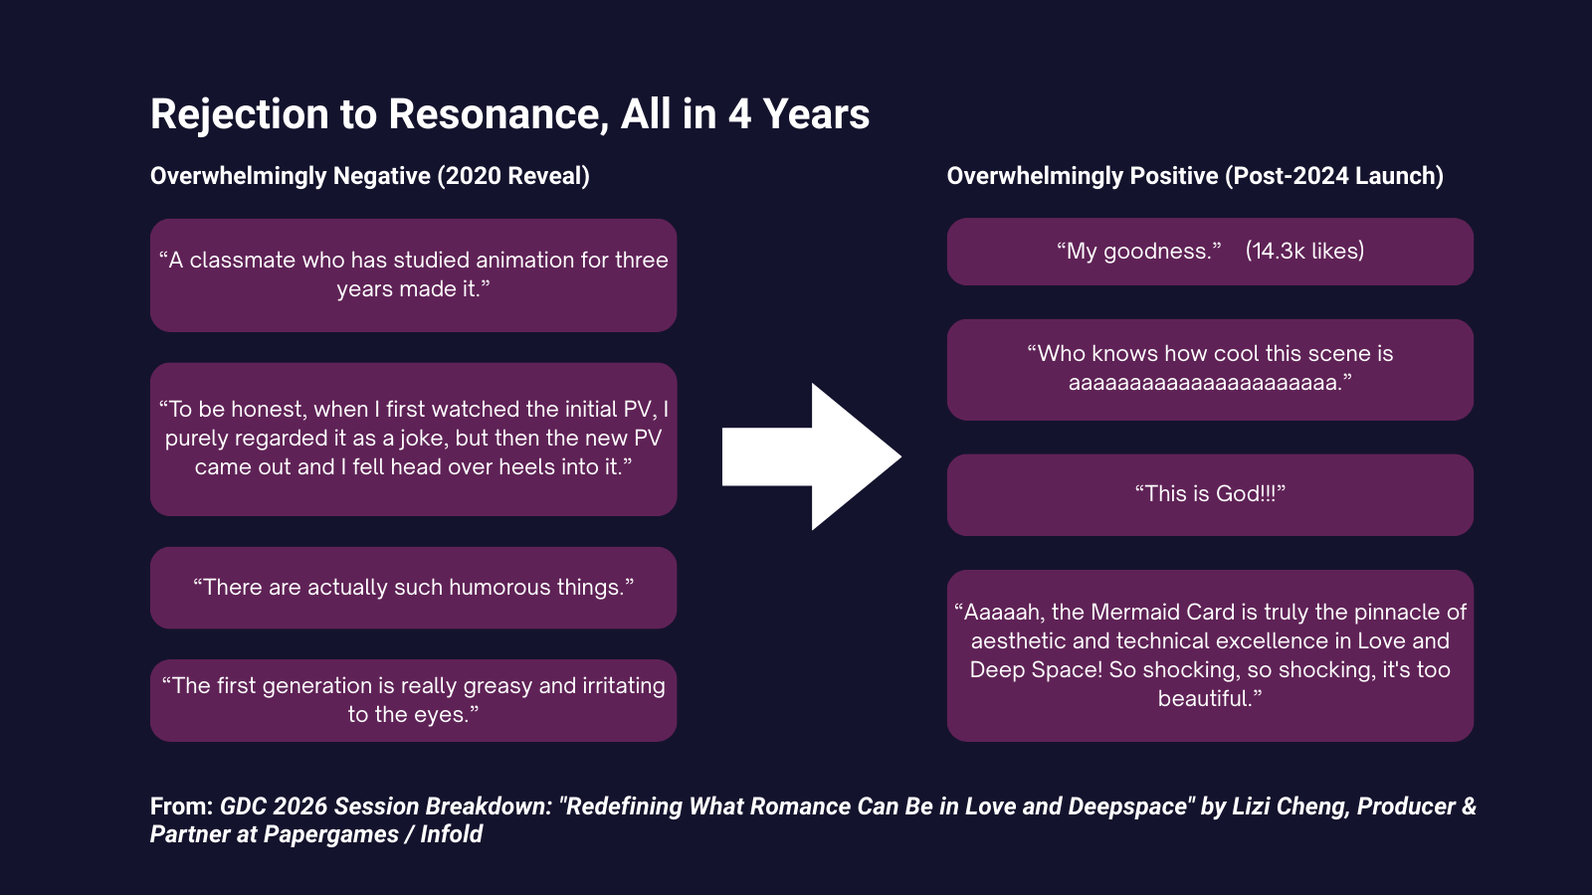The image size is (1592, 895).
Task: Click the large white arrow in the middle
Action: click(x=812, y=456)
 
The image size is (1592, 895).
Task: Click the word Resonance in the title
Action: click(x=498, y=114)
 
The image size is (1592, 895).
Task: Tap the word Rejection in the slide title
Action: click(x=240, y=114)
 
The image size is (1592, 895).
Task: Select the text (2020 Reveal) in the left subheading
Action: click(x=513, y=176)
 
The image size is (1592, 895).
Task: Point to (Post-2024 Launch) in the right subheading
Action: click(x=1334, y=176)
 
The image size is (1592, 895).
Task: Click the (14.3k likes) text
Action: click(x=1304, y=251)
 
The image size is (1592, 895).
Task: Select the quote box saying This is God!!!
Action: click(x=1210, y=494)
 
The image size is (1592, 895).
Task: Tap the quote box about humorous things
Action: click(x=413, y=588)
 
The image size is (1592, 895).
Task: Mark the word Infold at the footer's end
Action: click(x=452, y=834)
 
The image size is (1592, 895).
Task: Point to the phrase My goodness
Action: click(x=1138, y=252)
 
